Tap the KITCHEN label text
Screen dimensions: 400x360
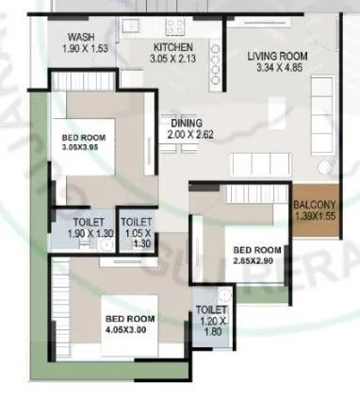click(x=172, y=47)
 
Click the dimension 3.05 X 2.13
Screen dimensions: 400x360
click(x=172, y=58)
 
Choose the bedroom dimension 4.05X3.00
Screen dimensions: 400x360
click(x=128, y=331)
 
